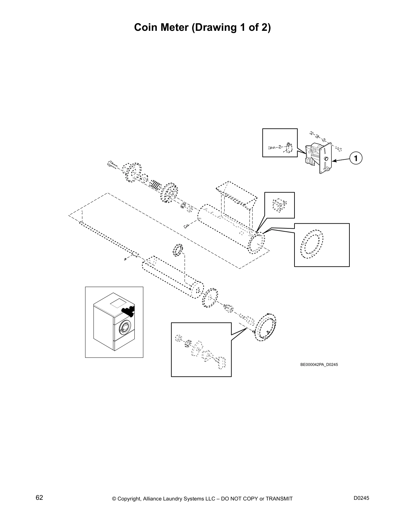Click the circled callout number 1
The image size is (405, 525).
tap(356, 159)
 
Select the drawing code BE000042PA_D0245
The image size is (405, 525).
tap(319, 365)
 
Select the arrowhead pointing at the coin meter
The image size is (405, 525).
tap(334, 161)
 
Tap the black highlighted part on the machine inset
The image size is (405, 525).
tap(127, 310)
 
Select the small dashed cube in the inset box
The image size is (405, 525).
tap(279, 205)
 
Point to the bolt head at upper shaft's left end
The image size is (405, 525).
tap(110, 163)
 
